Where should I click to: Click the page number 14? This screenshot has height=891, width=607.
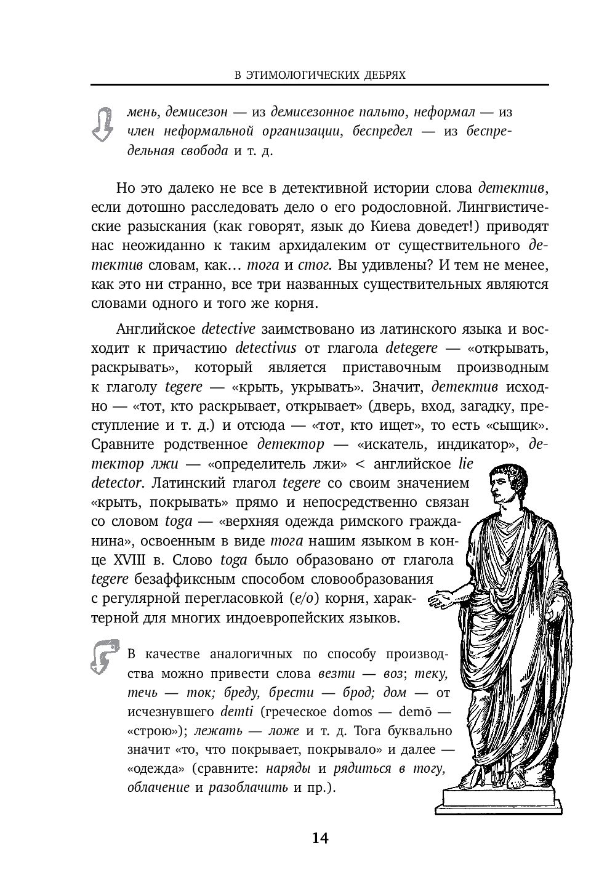click(x=320, y=838)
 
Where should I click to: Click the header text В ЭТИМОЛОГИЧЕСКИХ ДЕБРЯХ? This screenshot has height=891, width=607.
click(x=320, y=75)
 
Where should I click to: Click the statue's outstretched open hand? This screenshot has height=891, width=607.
click(x=444, y=600)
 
